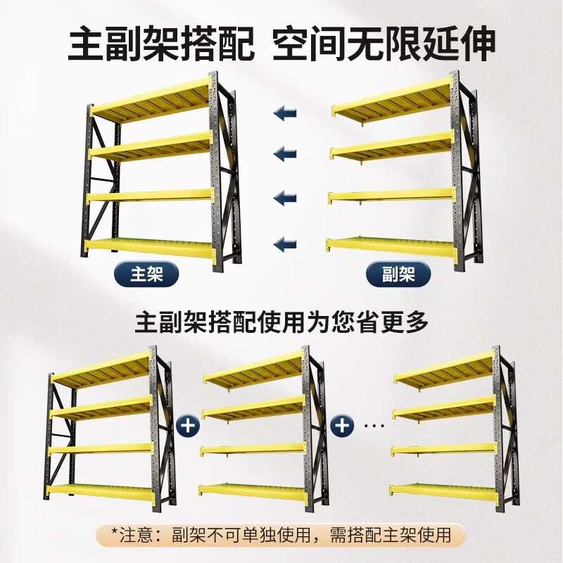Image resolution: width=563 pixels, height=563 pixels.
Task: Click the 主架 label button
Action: pos(146,273)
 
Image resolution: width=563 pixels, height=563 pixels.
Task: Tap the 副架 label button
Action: pos(398,273)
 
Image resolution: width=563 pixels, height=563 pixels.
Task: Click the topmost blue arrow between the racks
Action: pos(284,113)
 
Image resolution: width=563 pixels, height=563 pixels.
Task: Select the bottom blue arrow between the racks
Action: pos(284,244)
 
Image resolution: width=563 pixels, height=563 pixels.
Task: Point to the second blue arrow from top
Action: pos(284,153)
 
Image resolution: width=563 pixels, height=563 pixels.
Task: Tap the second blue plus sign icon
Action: pos(343,426)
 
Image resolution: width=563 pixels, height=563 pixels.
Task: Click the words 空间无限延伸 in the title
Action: pos(385,44)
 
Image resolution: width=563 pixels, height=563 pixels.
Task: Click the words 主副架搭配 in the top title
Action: pos(160,44)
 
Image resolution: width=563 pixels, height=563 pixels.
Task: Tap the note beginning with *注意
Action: pos(281,534)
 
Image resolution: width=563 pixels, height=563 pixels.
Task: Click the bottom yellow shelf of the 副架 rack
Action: pos(391,246)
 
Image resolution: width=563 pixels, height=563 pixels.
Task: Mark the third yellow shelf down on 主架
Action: pos(149,196)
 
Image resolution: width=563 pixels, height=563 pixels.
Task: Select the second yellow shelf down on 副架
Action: pos(391,146)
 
